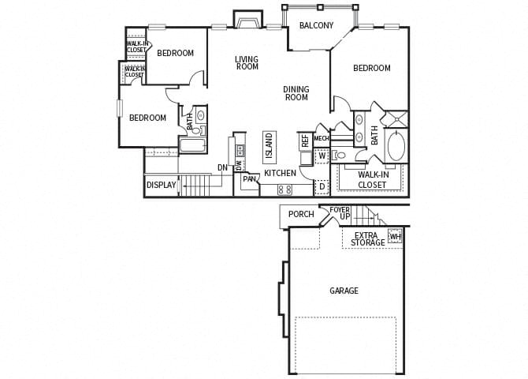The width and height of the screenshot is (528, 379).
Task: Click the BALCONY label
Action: tap(316, 25)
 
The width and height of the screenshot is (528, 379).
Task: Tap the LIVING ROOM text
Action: tap(247, 62)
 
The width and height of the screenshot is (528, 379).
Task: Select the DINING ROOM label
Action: tap(296, 93)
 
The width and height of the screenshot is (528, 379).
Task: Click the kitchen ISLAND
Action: tap(269, 147)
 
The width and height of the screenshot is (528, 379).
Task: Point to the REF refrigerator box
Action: tap(305, 141)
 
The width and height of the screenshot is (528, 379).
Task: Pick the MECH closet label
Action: tap(321, 139)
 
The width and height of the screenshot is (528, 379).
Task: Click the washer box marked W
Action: tap(321, 156)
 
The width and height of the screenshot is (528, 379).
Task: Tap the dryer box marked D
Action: tap(321, 187)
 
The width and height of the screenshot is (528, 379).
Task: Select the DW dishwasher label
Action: tap(239, 165)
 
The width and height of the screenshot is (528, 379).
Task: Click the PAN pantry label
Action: tap(248, 179)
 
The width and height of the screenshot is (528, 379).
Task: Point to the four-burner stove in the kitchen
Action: tap(284, 189)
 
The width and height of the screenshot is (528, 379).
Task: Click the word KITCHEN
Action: tap(280, 173)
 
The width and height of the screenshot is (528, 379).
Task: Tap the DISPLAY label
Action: tap(161, 186)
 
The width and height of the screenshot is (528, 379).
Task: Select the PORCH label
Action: tap(301, 214)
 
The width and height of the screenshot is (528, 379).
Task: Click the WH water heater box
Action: tap(395, 236)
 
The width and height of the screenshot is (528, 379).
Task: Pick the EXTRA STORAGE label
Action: tap(368, 238)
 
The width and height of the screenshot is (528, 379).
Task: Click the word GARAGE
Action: tap(344, 291)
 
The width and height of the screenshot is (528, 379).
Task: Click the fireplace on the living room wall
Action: tap(247, 20)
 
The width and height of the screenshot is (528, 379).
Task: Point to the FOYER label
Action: tap(340, 210)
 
